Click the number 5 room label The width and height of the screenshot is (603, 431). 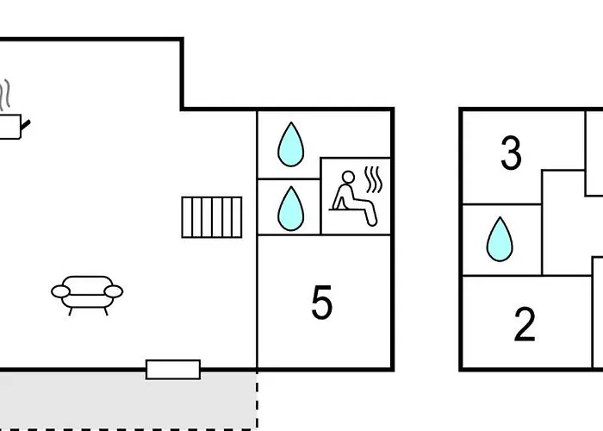tap(321, 302)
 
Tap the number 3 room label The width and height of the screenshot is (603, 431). tap(511, 153)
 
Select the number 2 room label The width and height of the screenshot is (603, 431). tap(525, 324)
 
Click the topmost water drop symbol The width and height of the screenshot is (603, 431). tap(291, 144)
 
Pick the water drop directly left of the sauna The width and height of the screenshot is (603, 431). tap(291, 209)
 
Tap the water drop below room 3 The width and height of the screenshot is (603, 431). tap(500, 240)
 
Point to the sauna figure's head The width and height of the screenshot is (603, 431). tap(348, 178)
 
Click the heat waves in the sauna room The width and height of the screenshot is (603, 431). tap(373, 179)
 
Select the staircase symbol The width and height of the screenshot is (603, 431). tap(212, 217)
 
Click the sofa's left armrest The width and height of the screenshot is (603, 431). tap(61, 291)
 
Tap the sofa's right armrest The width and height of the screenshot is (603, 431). tap(114, 291)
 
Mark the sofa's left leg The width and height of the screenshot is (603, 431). tap(71, 311)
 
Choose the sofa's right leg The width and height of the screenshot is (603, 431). tap(105, 311)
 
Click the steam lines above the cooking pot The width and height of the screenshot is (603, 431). tap(4, 95)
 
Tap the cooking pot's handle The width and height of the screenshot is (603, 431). tap(25, 124)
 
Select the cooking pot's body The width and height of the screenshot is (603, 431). tap(10, 127)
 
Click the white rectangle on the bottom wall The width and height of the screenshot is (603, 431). tap(173, 370)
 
